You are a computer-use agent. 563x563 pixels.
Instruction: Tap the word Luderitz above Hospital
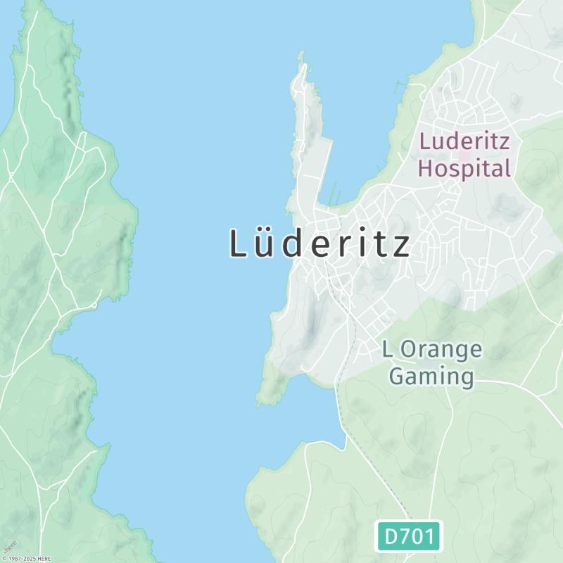pyautogui.click(x=464, y=140)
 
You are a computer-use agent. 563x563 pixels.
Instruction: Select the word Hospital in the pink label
pyautogui.click(x=464, y=168)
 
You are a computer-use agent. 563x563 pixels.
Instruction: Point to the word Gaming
pyautogui.click(x=431, y=376)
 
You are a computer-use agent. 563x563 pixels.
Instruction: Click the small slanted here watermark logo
pyautogui.click(x=9, y=546)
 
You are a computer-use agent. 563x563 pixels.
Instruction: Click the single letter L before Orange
pyautogui.click(x=387, y=349)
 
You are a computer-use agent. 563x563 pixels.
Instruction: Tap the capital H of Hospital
pyautogui.click(x=426, y=168)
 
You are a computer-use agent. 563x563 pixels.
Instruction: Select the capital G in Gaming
pyautogui.click(x=399, y=376)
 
